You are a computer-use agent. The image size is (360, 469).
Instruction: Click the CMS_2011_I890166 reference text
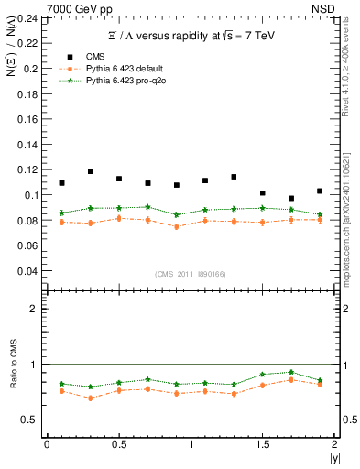pyautogui.click(x=190, y=274)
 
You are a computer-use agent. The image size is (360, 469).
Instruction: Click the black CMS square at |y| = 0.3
pyautogui.click(x=90, y=171)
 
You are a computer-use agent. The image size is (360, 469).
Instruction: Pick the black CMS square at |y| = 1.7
pyautogui.click(x=291, y=198)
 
